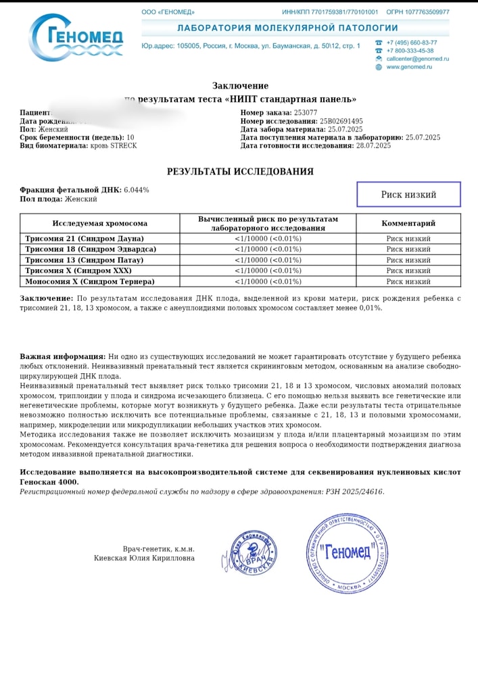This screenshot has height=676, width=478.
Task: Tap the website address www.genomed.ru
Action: (x=409, y=67)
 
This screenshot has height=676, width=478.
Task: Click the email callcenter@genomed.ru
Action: (x=417, y=59)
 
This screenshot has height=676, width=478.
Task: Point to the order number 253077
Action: (x=306, y=112)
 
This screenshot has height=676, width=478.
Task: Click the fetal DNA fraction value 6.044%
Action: (x=136, y=190)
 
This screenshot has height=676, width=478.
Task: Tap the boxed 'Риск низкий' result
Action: (x=408, y=194)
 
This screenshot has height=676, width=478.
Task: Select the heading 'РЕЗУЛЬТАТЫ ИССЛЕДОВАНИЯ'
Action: (x=240, y=172)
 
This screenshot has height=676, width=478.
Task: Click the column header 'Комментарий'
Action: (x=408, y=223)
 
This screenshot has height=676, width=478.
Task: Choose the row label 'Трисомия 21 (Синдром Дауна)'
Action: (x=85, y=239)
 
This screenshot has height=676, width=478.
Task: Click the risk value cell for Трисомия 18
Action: (x=268, y=249)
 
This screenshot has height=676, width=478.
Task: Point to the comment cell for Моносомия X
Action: (x=408, y=281)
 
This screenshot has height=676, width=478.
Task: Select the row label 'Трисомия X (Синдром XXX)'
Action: (x=78, y=270)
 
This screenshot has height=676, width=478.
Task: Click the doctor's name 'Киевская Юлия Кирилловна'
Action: (x=144, y=558)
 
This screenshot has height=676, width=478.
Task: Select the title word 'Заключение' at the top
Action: (x=240, y=86)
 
